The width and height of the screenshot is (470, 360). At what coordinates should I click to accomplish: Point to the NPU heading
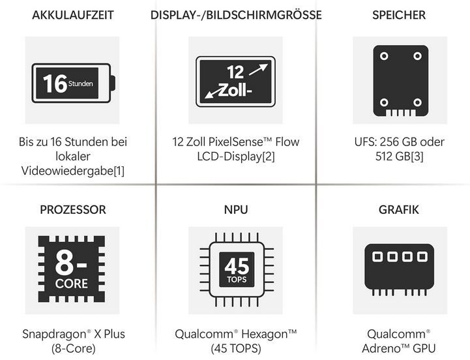235,210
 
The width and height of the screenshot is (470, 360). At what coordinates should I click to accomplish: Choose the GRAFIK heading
398,210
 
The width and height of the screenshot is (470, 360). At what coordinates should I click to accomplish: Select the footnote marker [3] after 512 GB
419,157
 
